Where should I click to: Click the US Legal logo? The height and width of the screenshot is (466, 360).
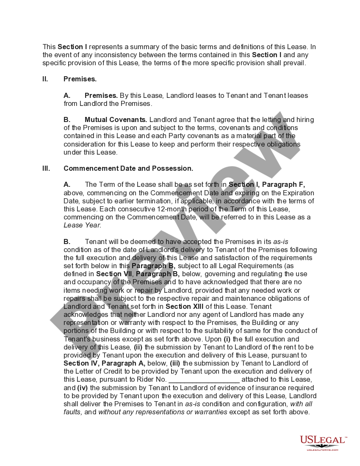[323, 443]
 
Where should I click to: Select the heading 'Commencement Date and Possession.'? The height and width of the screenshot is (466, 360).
[128, 168]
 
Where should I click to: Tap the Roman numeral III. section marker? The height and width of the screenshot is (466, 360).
[46, 168]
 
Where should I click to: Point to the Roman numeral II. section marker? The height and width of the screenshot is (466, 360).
[45, 79]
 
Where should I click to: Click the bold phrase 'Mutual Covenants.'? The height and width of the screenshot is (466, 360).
[116, 119]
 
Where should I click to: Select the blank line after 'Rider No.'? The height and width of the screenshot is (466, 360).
[204, 380]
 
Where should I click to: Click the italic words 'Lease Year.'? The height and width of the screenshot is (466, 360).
[82, 225]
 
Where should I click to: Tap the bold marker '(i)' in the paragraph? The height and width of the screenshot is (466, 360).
[227, 339]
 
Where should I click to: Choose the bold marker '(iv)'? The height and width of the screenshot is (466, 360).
[83, 388]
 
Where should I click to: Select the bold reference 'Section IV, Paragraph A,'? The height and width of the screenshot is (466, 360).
[105, 363]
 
